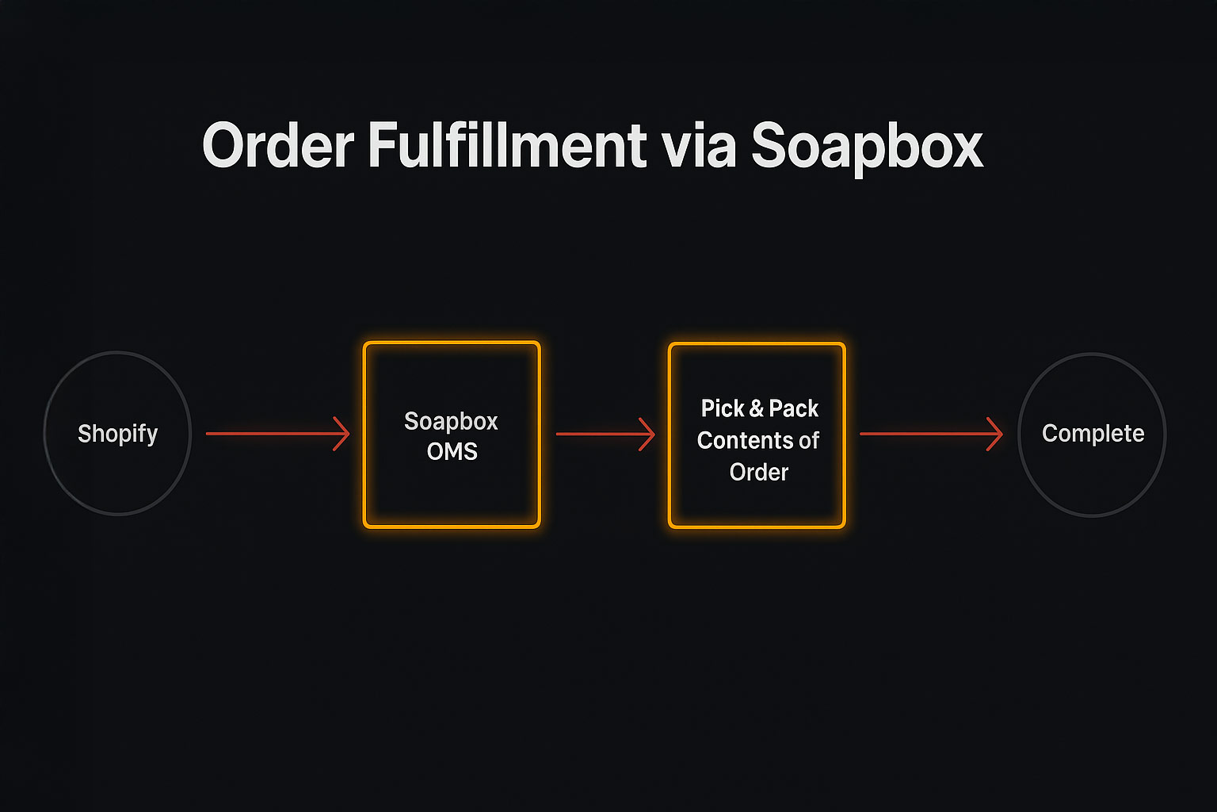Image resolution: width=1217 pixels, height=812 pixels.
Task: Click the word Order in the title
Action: (278, 146)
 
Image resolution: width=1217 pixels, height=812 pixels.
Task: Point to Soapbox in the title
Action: (867, 147)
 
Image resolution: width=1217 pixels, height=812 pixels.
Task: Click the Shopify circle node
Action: (117, 434)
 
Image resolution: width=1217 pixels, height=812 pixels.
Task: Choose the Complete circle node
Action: (1092, 434)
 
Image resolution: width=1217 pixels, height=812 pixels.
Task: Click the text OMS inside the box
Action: (452, 451)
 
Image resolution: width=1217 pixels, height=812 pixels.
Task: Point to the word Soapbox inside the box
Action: (451, 421)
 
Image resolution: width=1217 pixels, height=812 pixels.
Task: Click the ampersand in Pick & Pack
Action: (756, 409)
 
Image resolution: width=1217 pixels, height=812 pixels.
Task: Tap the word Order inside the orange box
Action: (759, 473)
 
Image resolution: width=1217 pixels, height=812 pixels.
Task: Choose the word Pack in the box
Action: (793, 409)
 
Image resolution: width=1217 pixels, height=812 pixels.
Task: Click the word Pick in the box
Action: (723, 409)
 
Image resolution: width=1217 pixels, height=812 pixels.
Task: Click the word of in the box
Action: (808, 441)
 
